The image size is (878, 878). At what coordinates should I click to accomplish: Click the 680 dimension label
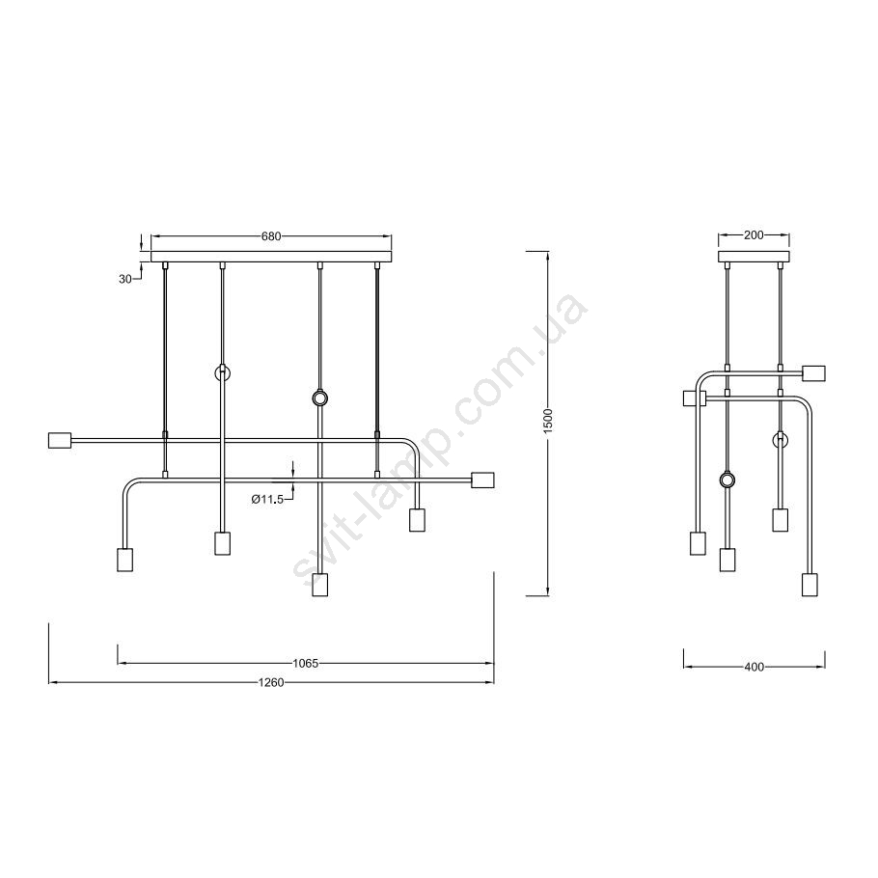(271, 236)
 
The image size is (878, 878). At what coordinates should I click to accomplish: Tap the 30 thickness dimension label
(124, 278)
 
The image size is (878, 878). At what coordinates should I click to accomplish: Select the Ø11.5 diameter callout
(267, 499)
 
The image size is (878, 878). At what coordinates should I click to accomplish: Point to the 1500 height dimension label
(548, 420)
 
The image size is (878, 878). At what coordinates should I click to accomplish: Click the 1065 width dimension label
(305, 664)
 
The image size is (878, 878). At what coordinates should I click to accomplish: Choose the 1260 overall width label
(271, 682)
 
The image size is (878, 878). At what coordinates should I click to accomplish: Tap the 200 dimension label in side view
(754, 235)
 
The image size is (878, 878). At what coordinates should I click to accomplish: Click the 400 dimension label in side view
(755, 667)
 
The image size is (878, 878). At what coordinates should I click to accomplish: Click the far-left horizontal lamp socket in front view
(60, 440)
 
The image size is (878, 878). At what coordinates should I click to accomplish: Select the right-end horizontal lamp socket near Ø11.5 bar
(482, 480)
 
